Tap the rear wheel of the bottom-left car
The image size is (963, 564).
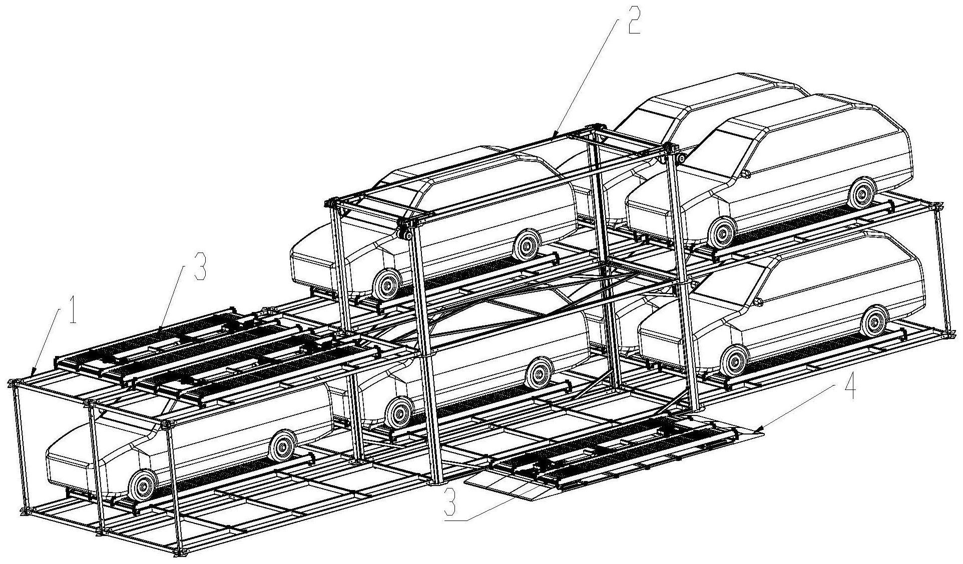pos(282,445)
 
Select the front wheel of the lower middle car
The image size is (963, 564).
pos(399,413)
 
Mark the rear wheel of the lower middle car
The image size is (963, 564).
pos(539,371)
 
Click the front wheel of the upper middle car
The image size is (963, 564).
pos(386,285)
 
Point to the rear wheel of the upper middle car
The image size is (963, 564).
pos(527,244)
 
